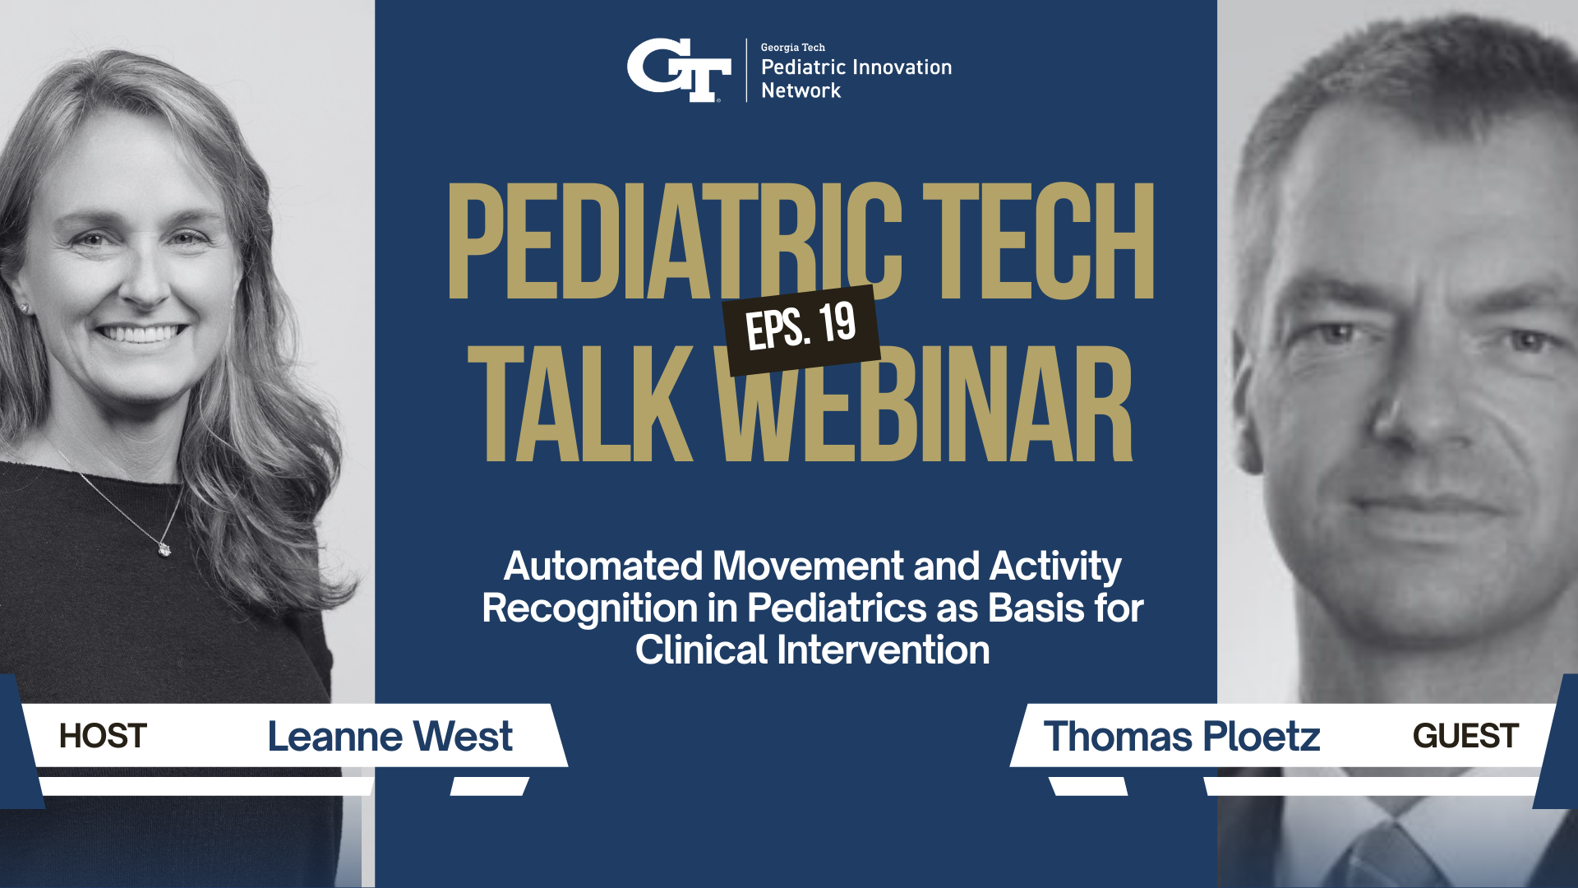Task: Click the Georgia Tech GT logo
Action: [x=679, y=70]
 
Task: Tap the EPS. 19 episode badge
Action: [x=801, y=328]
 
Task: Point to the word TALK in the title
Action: [x=580, y=404]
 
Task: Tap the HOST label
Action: [x=103, y=736]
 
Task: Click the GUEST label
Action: [x=1465, y=736]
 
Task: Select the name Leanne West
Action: [x=390, y=736]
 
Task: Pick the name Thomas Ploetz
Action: [x=1181, y=736]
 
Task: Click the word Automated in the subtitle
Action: [x=604, y=567]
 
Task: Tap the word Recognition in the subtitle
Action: [x=589, y=608]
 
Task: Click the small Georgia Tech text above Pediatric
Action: [x=792, y=48]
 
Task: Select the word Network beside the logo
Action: [x=801, y=90]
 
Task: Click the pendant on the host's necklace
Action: [x=164, y=547]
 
